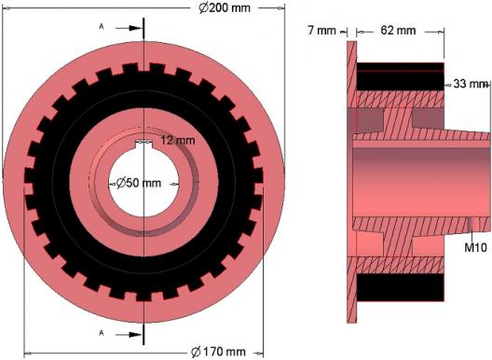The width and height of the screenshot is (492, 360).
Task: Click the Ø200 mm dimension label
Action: coord(225,7)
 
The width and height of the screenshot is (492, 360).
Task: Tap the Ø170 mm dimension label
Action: coord(218,352)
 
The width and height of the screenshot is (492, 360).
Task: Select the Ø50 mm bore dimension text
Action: coord(139,183)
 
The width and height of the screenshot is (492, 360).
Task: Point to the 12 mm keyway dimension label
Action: coord(178,140)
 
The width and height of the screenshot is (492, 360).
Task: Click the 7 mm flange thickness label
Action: coord(321,31)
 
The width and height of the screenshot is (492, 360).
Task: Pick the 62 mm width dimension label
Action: coord(398,30)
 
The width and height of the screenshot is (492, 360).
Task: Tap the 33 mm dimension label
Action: coord(470,84)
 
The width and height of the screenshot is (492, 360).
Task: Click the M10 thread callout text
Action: coord(475,247)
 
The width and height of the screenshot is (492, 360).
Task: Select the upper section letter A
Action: coord(102,27)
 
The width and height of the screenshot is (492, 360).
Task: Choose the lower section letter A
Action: coord(102,333)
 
